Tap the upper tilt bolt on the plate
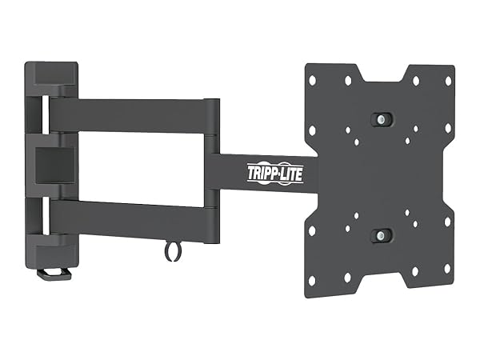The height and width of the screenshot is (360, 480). pyautogui.click(x=383, y=118)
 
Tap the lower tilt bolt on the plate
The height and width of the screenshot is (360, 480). pyautogui.click(x=383, y=235)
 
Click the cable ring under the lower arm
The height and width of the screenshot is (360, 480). pyautogui.click(x=171, y=251)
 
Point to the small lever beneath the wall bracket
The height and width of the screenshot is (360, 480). pyautogui.click(x=54, y=273)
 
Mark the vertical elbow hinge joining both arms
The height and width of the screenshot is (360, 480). pyautogui.click(x=212, y=168)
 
